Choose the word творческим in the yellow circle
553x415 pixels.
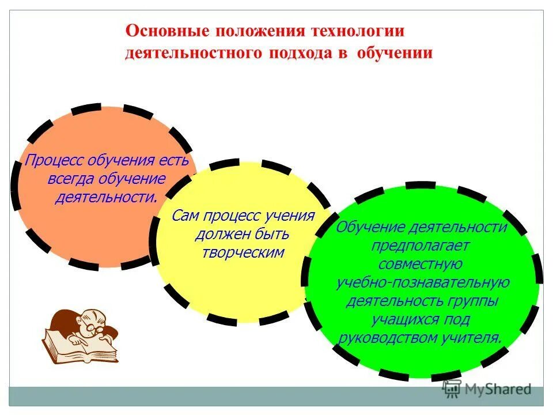(243, 252)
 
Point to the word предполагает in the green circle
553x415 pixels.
(421, 246)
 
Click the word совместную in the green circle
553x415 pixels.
(421, 264)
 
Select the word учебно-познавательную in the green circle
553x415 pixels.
(422, 282)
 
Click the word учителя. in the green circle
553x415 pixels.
(472, 338)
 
